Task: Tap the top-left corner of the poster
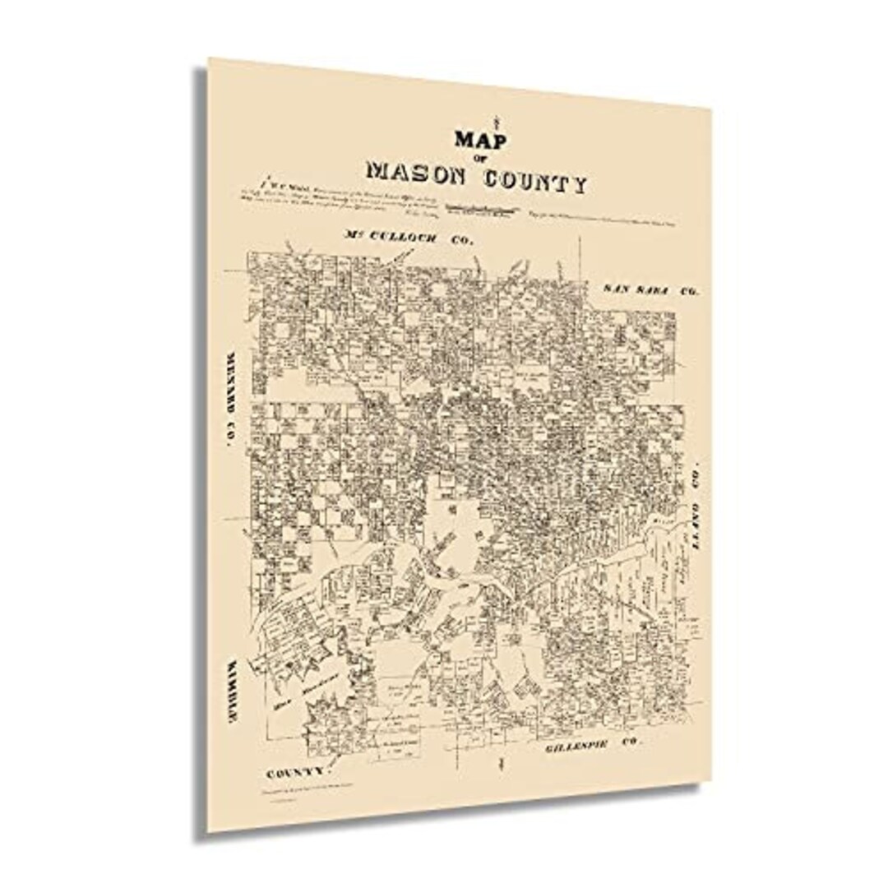pyautogui.click(x=209, y=60)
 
